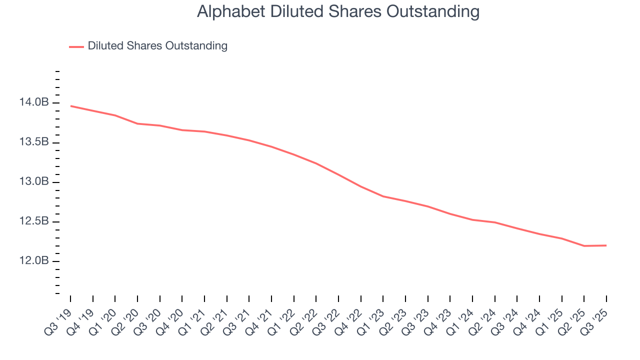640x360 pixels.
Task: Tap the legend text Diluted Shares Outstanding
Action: pos(157,46)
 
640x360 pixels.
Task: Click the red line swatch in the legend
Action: pos(76,46)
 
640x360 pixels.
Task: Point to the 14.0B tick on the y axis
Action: pos(34,103)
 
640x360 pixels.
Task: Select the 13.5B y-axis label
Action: pos(34,142)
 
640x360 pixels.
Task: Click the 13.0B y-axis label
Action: pos(34,182)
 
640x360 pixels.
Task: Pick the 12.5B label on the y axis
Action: pos(34,221)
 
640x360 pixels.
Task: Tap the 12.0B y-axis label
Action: pos(34,261)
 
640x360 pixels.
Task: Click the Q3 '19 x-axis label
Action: pos(59,316)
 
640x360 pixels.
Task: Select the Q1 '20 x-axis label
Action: pos(104,316)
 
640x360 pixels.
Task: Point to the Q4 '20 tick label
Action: pos(171,316)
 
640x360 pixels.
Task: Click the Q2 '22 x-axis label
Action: pos(305,316)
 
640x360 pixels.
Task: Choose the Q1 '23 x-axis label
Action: pos(372,316)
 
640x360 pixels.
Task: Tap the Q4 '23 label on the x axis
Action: pos(439,316)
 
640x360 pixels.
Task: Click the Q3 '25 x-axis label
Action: pos(596,316)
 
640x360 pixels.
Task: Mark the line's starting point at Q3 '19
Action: pos(70,106)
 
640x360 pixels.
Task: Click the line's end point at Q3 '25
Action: pos(606,245)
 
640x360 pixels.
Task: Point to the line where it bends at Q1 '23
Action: pos(383,196)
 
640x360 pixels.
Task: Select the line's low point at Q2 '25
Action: pos(584,246)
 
